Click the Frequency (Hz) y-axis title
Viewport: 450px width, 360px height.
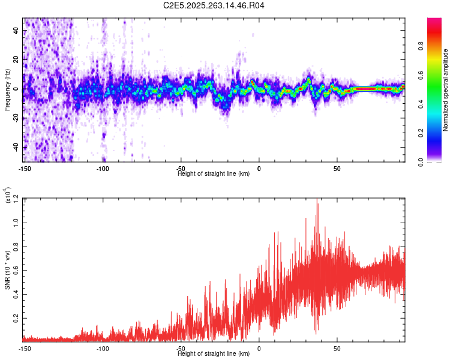tap(7, 90)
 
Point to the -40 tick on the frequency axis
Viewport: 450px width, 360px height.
tap(16, 147)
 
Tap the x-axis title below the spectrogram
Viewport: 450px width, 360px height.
tap(214, 173)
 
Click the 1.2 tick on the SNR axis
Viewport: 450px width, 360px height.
tap(16, 199)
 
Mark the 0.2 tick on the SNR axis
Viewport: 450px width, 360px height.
tap(16, 317)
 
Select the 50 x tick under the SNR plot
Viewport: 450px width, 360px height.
tap(337, 348)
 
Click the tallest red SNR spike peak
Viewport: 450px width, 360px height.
tap(317, 200)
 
